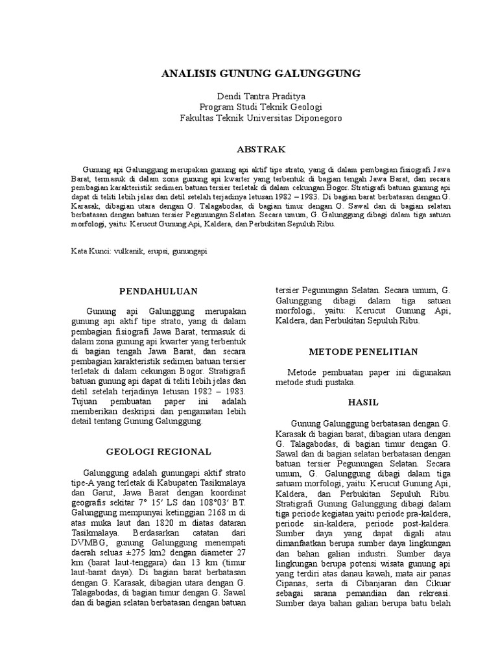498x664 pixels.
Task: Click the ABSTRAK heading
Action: click(261, 149)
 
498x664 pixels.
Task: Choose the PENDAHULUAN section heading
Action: click(159, 291)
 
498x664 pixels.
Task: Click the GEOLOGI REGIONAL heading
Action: click(159, 451)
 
